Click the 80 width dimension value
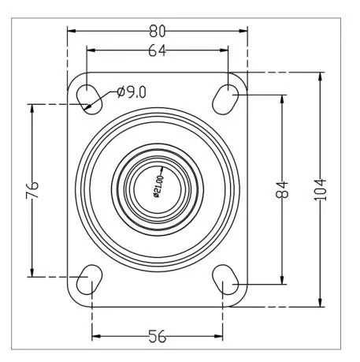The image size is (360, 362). [x=158, y=32]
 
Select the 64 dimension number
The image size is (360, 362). [x=158, y=52]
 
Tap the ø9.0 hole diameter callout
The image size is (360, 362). [x=131, y=92]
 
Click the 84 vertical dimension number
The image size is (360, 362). [x=283, y=189]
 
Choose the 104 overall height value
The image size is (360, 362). [x=320, y=189]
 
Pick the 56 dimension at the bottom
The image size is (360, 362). [x=158, y=337]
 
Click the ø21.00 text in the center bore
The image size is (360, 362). [x=158, y=188]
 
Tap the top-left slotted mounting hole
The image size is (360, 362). [x=89, y=95]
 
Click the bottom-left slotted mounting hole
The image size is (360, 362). [x=89, y=279]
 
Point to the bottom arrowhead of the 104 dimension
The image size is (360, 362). [x=320, y=303]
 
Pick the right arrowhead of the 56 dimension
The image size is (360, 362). [x=221, y=337]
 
